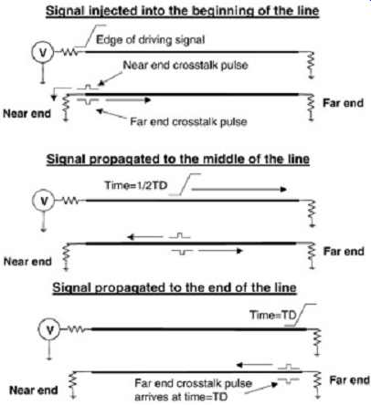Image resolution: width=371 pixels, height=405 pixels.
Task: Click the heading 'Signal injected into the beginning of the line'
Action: tap(182, 11)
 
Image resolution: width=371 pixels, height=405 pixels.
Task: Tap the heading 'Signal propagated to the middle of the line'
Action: tap(178, 159)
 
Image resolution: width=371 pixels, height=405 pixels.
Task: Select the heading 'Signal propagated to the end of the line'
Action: tap(175, 287)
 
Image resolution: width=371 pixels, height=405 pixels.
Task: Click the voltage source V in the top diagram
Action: tap(43, 53)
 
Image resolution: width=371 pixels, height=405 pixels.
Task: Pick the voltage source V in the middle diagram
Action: tap(44, 201)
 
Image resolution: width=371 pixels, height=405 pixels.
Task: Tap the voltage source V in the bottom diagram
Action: tap(49, 330)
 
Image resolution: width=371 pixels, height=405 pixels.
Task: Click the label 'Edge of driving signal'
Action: tap(150, 39)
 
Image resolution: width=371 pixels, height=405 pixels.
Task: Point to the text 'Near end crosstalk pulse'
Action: tap(185, 65)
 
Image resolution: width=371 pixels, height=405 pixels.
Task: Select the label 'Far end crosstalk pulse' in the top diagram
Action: tap(188, 121)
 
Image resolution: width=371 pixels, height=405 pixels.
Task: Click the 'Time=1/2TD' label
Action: tap(136, 185)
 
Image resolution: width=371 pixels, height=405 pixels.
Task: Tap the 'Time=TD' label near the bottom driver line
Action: tap(273, 315)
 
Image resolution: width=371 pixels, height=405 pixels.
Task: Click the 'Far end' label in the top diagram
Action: tap(343, 103)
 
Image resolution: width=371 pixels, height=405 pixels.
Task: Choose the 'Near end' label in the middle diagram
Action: tap(27, 262)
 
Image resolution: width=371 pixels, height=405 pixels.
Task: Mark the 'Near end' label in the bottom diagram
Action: tap(34, 390)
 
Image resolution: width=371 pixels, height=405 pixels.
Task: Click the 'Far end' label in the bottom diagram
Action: tap(350, 380)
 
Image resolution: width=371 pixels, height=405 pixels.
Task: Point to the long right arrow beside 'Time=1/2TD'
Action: tap(239, 190)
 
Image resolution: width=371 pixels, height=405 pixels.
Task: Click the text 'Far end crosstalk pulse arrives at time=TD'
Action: tap(193, 390)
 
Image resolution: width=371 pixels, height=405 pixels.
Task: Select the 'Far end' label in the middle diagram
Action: tap(344, 252)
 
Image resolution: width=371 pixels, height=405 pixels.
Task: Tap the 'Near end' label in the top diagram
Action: tap(26, 114)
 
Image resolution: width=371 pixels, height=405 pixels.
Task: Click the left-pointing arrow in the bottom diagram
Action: tap(254, 365)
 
